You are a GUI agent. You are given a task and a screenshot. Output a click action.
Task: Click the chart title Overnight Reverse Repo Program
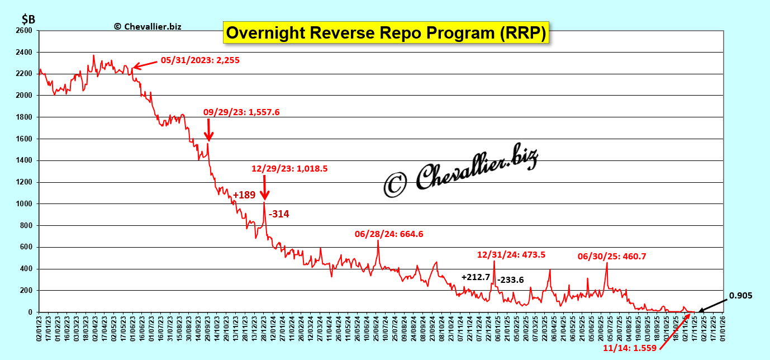pos(386,32)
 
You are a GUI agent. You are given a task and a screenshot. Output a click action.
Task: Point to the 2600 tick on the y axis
pos(25,31)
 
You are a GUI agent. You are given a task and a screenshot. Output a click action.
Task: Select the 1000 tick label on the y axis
pos(25,204)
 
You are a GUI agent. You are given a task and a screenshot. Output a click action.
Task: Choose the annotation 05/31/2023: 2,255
pos(200,60)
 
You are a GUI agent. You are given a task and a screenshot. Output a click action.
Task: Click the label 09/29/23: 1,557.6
pos(241,112)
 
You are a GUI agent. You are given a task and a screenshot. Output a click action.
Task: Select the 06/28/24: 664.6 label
pos(389,234)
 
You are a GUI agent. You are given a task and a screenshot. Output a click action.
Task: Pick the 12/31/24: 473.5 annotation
pos(511,254)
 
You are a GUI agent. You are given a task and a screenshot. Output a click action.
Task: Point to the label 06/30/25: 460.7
pos(612,257)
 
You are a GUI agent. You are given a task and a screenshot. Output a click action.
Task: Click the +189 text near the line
pos(244,195)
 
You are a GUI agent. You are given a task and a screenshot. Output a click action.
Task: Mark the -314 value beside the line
pos(279,214)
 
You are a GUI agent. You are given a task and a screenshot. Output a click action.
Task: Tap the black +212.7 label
pos(476,277)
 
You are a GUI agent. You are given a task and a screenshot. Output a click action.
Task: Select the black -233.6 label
pos(510,280)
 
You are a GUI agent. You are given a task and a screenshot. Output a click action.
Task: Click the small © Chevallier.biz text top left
pos(148,26)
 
